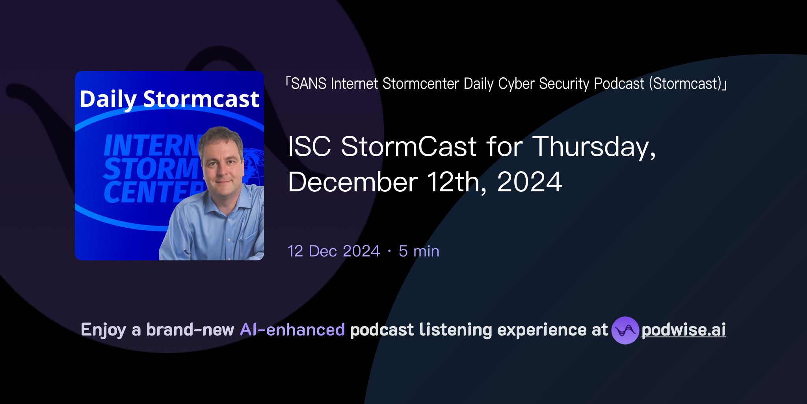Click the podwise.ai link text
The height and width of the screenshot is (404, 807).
pyautogui.click(x=684, y=330)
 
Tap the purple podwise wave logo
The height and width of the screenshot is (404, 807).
pyautogui.click(x=625, y=330)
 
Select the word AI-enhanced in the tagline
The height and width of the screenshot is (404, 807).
pyautogui.click(x=292, y=330)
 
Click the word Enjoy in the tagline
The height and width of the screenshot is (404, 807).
pyautogui.click(x=103, y=330)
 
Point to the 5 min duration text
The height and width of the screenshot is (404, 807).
pyautogui.click(x=419, y=251)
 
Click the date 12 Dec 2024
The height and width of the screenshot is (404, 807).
pyautogui.click(x=334, y=251)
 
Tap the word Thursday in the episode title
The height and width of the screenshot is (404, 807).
pyautogui.click(x=594, y=147)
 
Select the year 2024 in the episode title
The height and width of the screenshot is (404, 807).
pyautogui.click(x=529, y=182)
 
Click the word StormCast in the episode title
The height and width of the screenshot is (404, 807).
pyautogui.click(x=409, y=147)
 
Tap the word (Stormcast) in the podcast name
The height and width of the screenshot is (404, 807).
pyautogui.click(x=687, y=84)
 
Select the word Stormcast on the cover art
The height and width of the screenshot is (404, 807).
pyautogui.click(x=201, y=99)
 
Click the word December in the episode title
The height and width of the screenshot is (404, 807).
pyautogui.click(x=353, y=182)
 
